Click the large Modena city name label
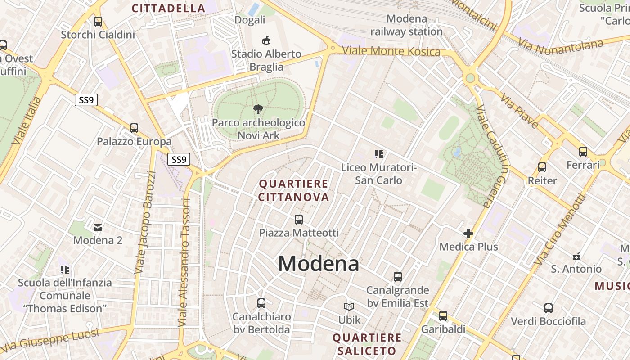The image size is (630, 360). click(x=318, y=264)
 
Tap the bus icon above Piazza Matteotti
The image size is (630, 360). click(x=299, y=220)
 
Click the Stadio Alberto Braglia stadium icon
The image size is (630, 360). click(x=266, y=40)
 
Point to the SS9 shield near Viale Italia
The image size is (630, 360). click(x=86, y=100)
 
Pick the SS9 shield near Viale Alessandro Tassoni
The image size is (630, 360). click(x=179, y=159)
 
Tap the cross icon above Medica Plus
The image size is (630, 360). click(x=468, y=234)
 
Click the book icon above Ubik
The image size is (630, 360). click(x=349, y=306)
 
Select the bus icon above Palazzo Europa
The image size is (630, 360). click(x=134, y=128)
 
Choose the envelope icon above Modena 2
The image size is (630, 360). click(x=98, y=227)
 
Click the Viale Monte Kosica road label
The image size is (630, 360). click(x=391, y=51)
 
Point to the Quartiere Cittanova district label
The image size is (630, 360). click(x=294, y=190)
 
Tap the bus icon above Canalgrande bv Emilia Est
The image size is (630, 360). click(x=397, y=276)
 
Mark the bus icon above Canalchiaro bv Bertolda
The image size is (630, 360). click(x=261, y=303)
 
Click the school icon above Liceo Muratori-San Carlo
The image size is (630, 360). click(x=378, y=154)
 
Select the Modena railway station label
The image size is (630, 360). click(x=406, y=25)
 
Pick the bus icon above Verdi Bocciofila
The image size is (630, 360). click(x=548, y=308)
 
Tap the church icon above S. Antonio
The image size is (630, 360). click(x=576, y=256)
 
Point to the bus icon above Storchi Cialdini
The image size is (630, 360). click(x=98, y=21)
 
